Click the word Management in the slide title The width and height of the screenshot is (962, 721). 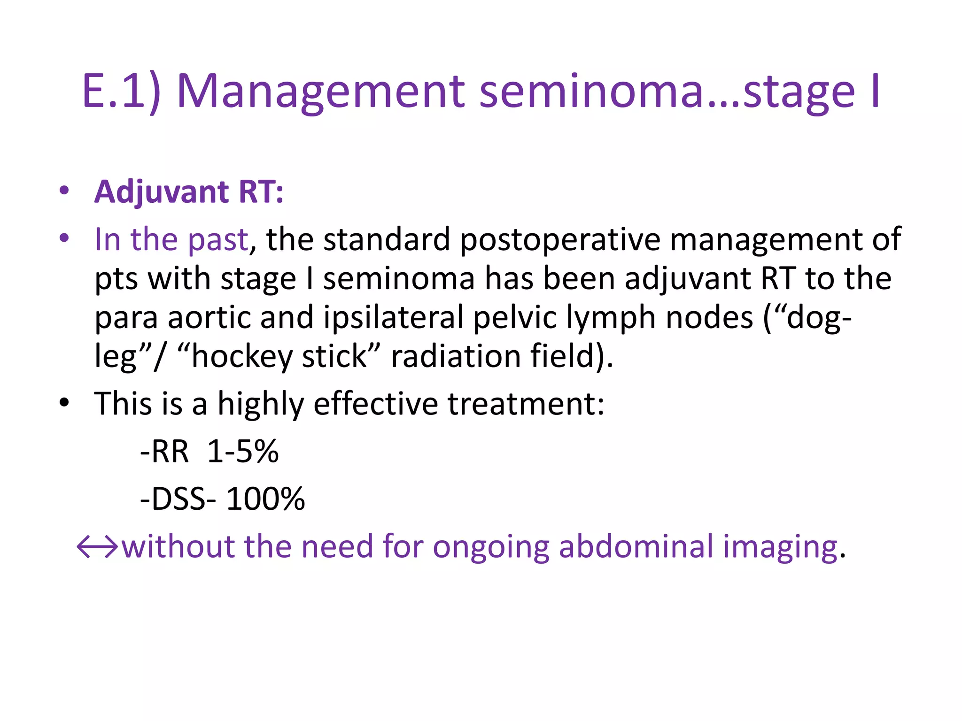point(320,92)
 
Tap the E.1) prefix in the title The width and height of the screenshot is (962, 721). point(121,92)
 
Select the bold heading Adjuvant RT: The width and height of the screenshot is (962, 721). point(189,192)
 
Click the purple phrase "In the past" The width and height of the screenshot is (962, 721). point(171,239)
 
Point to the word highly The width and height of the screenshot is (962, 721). point(261,405)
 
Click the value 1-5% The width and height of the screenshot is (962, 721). point(243,452)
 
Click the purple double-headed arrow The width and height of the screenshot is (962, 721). point(97,547)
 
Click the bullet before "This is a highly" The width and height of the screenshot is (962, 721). point(64,403)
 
